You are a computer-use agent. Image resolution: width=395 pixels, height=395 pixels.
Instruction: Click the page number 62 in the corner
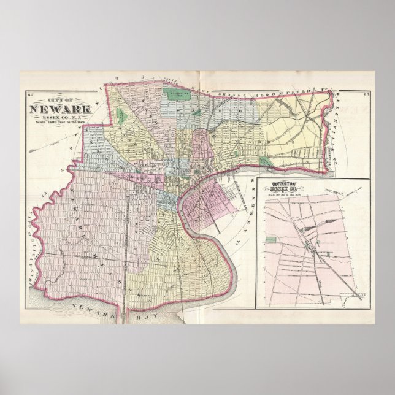[x=31, y=94]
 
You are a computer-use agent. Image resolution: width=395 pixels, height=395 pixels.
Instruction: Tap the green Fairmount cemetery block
[x=177, y=95]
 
